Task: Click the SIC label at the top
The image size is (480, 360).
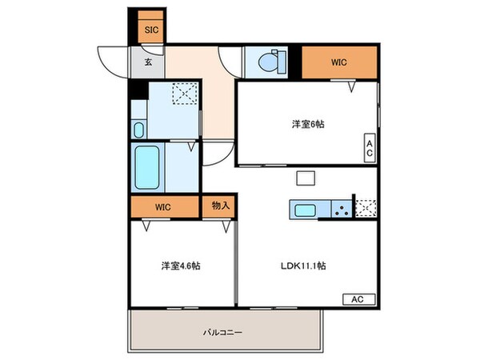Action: [150, 30]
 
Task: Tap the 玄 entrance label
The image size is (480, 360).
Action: [149, 62]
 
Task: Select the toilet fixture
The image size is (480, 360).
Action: [273, 61]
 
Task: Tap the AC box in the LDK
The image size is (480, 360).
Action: [358, 298]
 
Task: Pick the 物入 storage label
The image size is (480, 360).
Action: [221, 206]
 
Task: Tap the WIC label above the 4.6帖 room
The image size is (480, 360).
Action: [163, 206]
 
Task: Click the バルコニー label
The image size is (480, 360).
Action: [222, 331]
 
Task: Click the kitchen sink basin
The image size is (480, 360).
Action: [306, 210]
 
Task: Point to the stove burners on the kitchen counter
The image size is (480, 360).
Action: [341, 210]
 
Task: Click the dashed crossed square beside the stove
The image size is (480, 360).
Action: [366, 208]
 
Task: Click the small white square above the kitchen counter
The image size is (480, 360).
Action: [305, 178]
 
